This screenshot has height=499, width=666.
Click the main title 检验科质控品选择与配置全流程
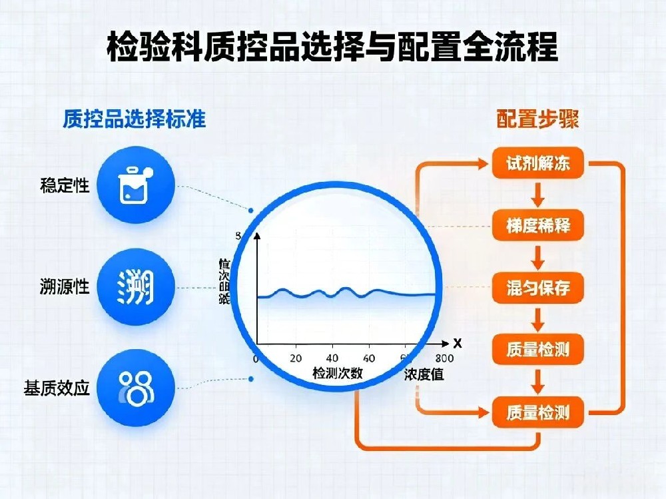[x=332, y=47]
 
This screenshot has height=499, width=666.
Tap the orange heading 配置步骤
[x=537, y=119]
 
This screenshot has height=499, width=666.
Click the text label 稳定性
[x=65, y=185]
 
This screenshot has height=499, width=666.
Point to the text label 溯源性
[x=65, y=288]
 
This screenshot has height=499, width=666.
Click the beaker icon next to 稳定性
[x=136, y=185]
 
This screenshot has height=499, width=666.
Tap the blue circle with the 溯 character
[x=136, y=287]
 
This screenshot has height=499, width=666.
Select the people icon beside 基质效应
[x=136, y=387]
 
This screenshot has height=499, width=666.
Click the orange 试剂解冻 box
[x=538, y=164]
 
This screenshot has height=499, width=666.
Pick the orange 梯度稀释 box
[x=538, y=226]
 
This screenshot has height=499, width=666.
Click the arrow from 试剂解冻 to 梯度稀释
[x=538, y=195]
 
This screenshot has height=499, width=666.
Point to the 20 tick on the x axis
[x=296, y=357]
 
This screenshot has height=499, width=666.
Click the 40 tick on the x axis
[x=333, y=357]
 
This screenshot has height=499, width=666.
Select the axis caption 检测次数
[x=338, y=373]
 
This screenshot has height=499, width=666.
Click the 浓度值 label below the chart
[x=424, y=375]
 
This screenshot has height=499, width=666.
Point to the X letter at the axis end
[x=457, y=344]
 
